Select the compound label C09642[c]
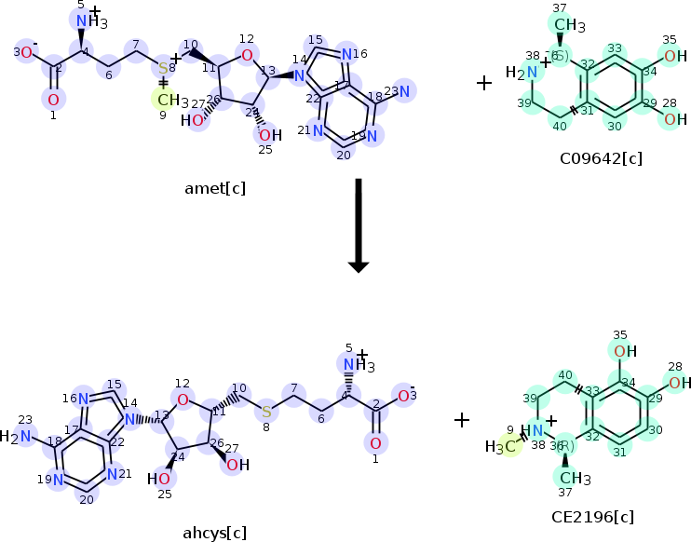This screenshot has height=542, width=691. [x=601, y=159]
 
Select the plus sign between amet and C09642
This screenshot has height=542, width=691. [x=484, y=83]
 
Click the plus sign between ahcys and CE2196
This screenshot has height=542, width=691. [x=462, y=420]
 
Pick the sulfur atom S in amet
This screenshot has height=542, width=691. [x=164, y=67]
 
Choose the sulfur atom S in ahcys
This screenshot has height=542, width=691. [x=266, y=411]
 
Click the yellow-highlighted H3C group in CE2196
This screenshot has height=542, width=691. [x=500, y=446]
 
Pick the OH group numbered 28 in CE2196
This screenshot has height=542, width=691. [x=680, y=383]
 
